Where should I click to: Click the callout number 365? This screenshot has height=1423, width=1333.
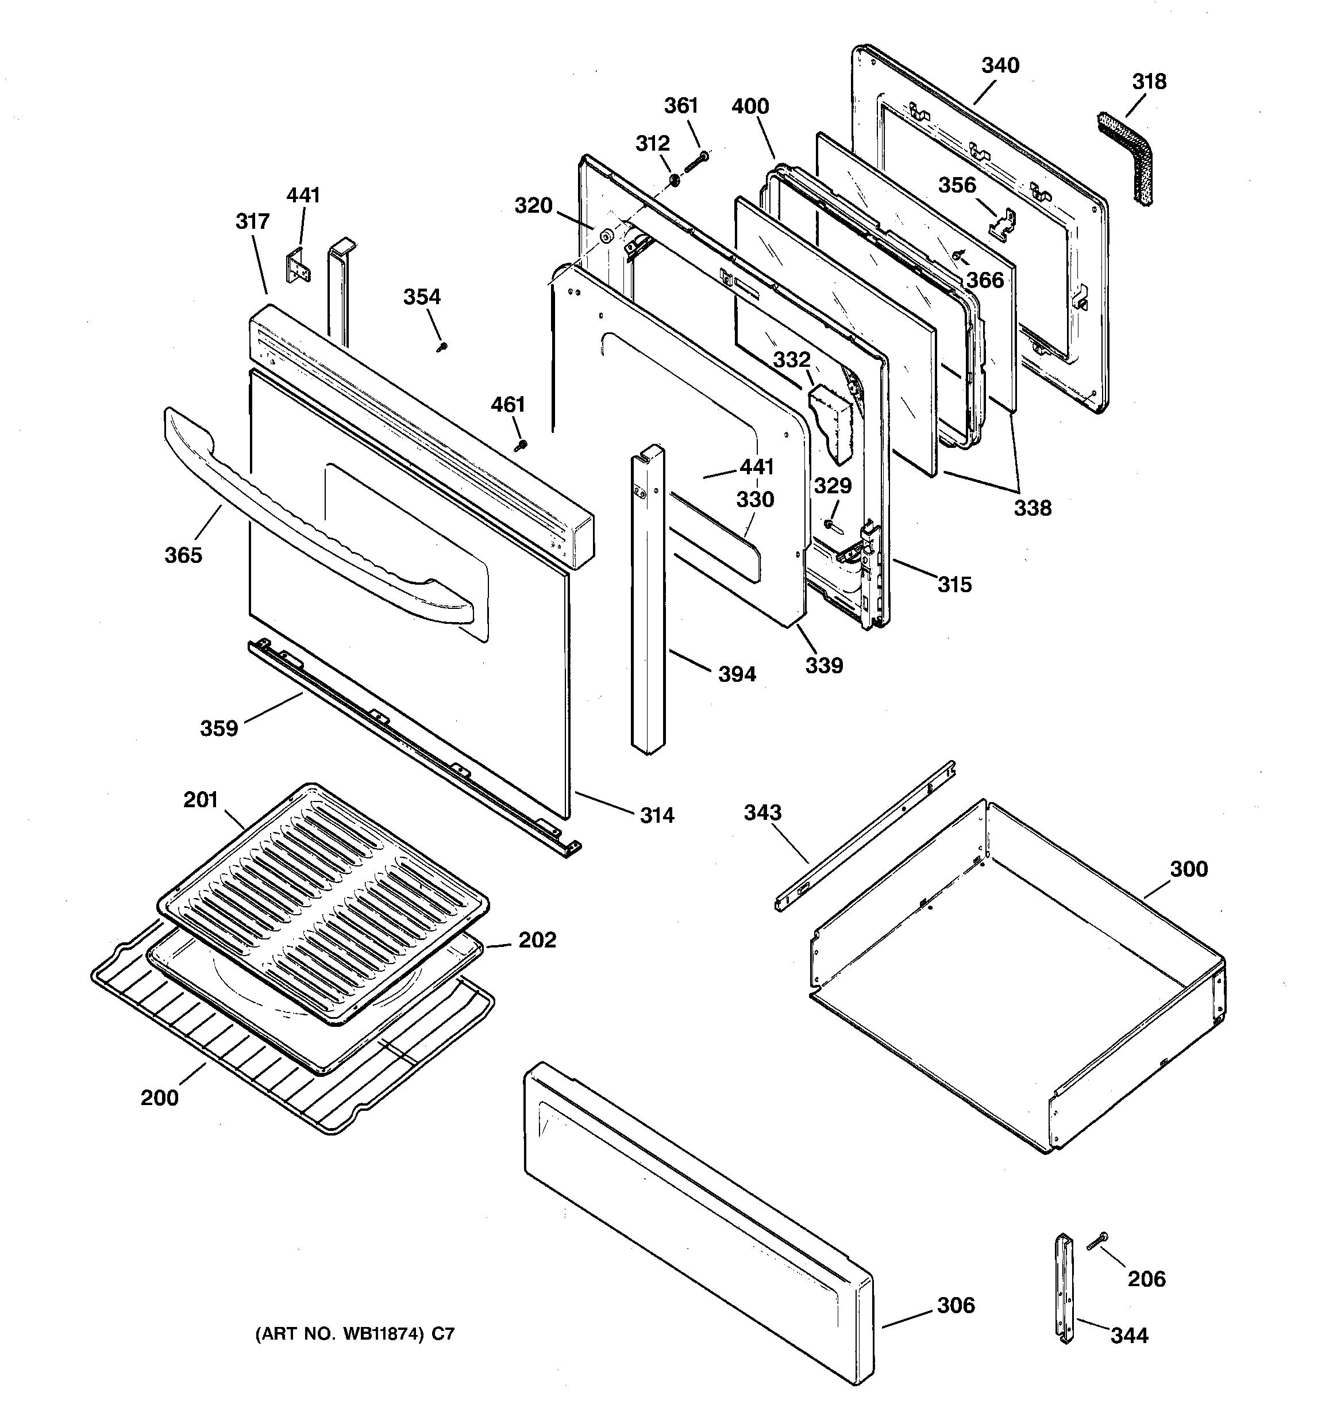[183, 555]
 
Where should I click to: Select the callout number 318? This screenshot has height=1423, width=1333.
[1149, 82]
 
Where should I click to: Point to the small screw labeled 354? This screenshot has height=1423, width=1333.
[441, 347]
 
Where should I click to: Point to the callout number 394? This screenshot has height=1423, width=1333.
[737, 674]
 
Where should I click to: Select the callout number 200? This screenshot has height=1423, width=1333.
[159, 1098]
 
